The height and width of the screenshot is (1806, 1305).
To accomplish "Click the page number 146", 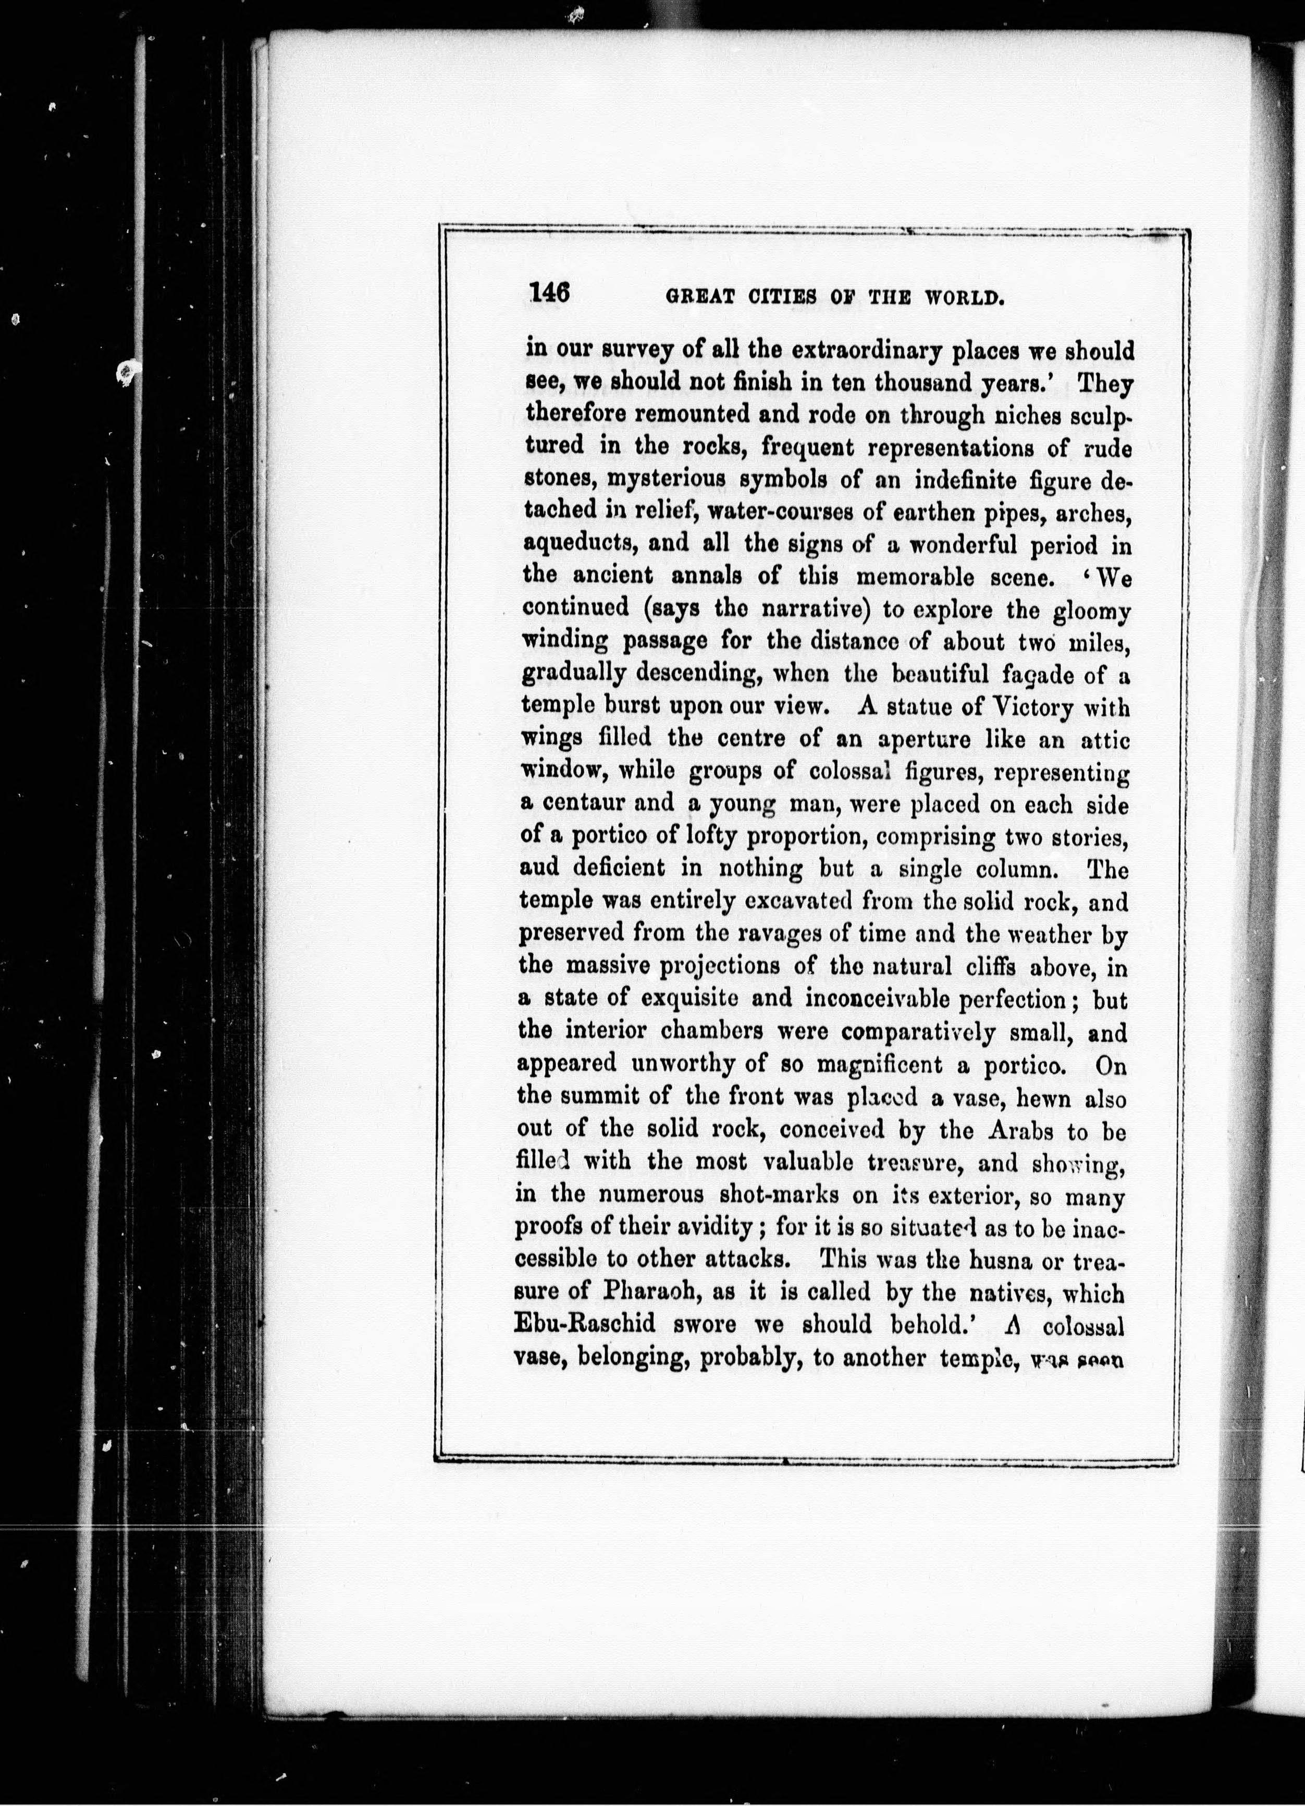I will [x=549, y=292].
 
